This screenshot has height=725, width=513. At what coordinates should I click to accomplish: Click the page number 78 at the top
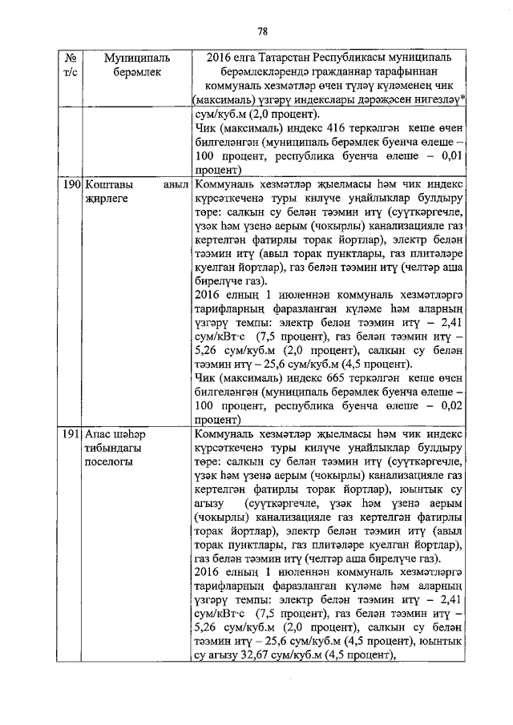pyautogui.click(x=261, y=31)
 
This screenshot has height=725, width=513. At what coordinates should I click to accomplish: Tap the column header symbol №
pyautogui.click(x=71, y=58)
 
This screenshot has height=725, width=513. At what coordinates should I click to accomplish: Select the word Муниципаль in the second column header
pyautogui.click(x=133, y=58)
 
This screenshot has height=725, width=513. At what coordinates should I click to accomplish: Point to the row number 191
pyautogui.click(x=71, y=433)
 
